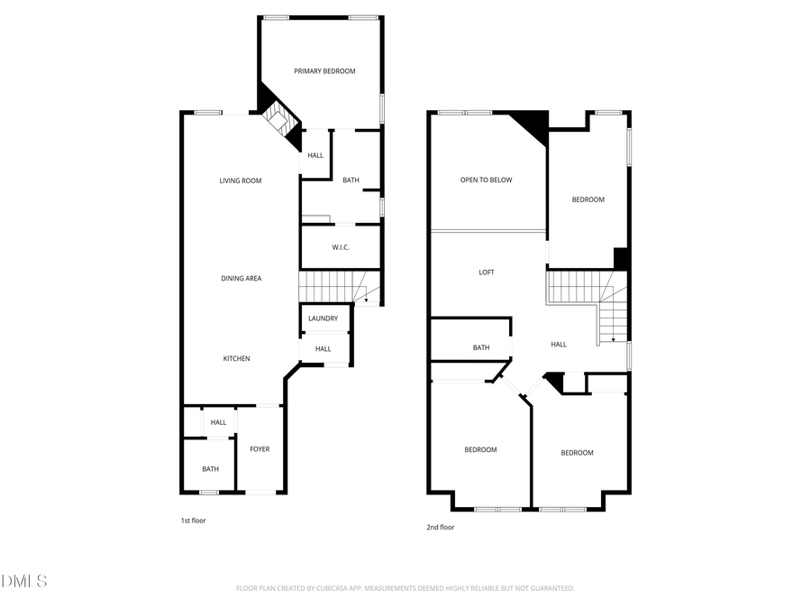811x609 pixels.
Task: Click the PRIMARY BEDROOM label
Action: pyautogui.click(x=324, y=71)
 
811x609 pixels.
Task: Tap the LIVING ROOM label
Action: pyautogui.click(x=241, y=180)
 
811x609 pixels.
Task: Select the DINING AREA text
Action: pyautogui.click(x=241, y=279)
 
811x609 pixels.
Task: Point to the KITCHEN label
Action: pyautogui.click(x=237, y=359)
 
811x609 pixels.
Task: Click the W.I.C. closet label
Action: pyautogui.click(x=341, y=247)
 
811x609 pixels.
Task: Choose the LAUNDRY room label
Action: pyautogui.click(x=323, y=318)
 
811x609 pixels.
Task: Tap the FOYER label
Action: pyautogui.click(x=260, y=449)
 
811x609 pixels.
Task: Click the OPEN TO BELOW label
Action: pyautogui.click(x=486, y=180)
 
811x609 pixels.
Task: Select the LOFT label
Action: pyautogui.click(x=487, y=272)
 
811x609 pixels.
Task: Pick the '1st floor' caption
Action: pyautogui.click(x=194, y=521)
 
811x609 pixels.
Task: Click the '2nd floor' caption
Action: pyautogui.click(x=441, y=528)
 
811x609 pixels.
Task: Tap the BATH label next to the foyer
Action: pyautogui.click(x=210, y=469)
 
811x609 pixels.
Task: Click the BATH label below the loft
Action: pyautogui.click(x=481, y=348)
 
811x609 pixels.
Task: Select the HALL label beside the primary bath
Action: pyautogui.click(x=315, y=156)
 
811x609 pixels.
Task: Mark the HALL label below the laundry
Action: pyautogui.click(x=323, y=349)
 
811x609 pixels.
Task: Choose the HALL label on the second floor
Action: pyautogui.click(x=559, y=345)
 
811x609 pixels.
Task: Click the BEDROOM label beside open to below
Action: pyautogui.click(x=588, y=200)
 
